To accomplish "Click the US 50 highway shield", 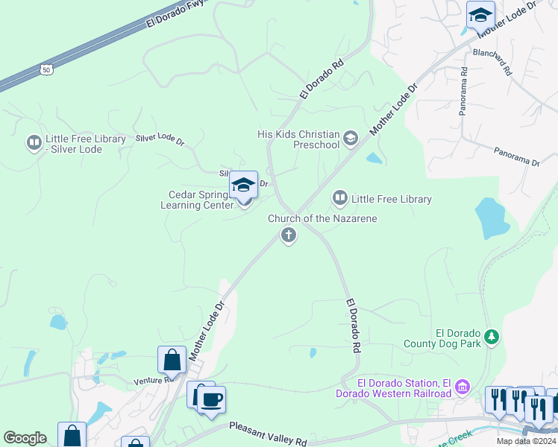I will tap(46, 69).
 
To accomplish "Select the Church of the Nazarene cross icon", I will tap(288, 236).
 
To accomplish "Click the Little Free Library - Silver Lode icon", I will tap(34, 142).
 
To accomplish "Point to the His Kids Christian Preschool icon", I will tap(351, 138).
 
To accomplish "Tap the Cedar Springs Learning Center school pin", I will tap(243, 185).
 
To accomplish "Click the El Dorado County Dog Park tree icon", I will tap(492, 337).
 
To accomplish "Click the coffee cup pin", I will tap(211, 399).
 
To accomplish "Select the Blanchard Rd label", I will tap(492, 63).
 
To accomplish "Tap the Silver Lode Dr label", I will tap(160, 139).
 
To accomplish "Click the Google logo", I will tap(25, 438).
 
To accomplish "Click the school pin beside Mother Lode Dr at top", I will tap(480, 15).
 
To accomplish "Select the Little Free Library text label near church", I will tap(392, 199).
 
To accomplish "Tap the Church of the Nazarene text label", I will tap(322, 218).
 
